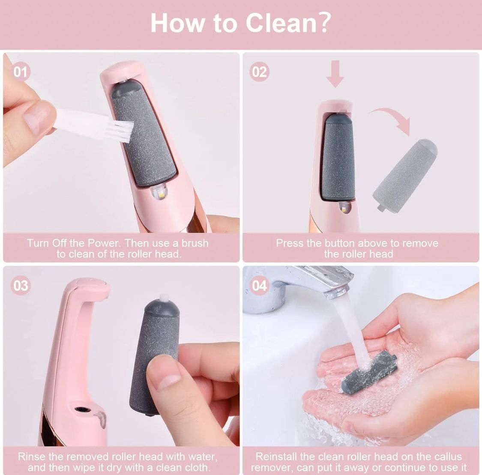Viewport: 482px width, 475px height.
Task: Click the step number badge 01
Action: [20, 72]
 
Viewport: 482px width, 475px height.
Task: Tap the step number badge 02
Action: [259, 72]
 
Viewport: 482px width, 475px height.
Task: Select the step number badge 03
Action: [20, 285]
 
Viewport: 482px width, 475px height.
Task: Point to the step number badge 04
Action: [259, 285]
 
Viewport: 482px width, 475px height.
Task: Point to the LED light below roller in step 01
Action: [157, 194]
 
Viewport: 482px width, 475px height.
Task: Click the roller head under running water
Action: [369, 371]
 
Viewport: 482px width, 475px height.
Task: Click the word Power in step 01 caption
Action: [105, 243]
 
